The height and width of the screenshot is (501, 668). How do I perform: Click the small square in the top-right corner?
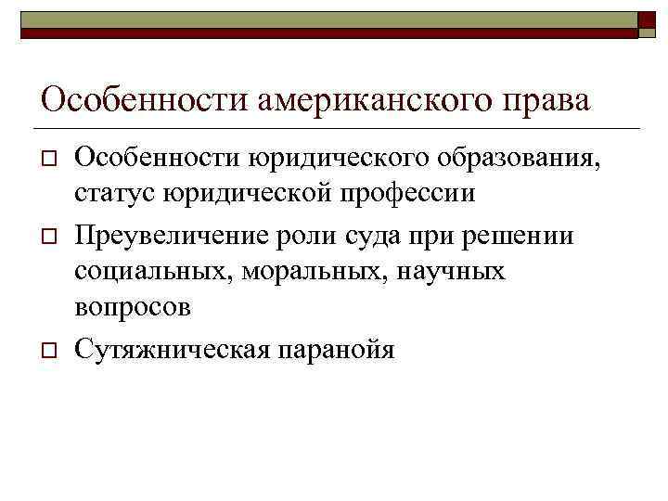pos(649,22)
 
